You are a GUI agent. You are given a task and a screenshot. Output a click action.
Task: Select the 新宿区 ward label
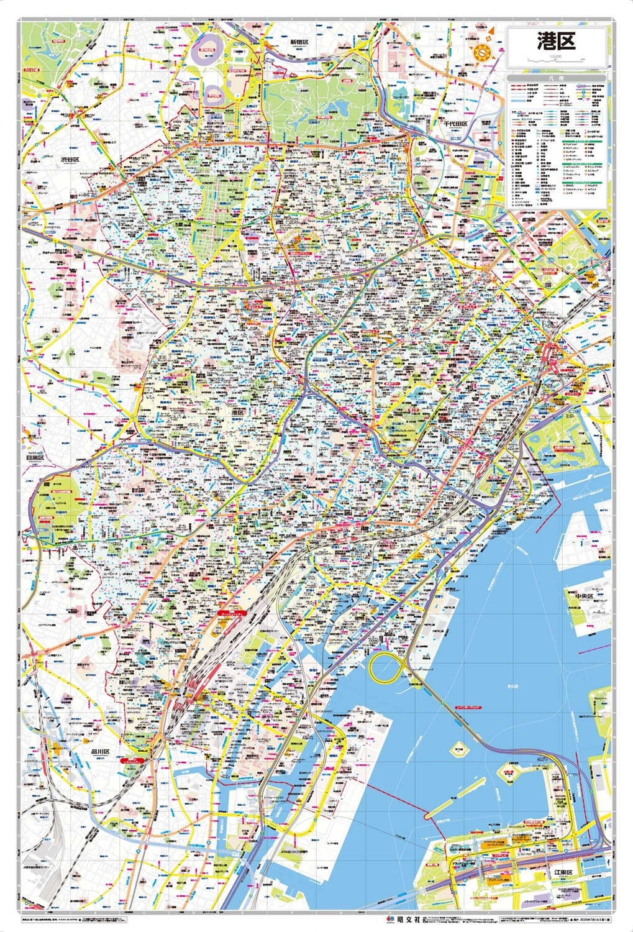tap(299, 41)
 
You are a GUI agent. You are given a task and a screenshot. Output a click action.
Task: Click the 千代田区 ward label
tap(455, 124)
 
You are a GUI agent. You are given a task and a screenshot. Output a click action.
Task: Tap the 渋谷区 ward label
tap(70, 160)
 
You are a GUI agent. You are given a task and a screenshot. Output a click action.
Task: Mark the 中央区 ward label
tap(584, 596)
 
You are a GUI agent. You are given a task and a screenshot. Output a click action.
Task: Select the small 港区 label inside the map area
tap(237, 412)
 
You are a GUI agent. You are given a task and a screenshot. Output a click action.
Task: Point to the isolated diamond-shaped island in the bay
tap(462, 750)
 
